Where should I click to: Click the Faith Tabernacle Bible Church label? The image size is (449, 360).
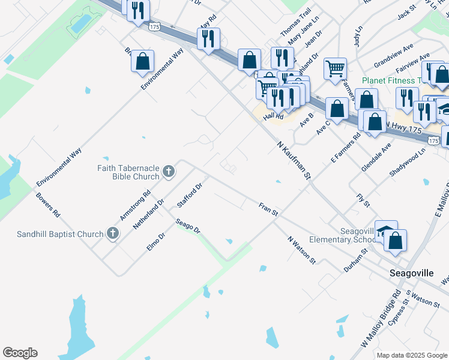(x=128, y=172)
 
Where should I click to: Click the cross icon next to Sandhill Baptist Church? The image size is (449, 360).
(x=112, y=233)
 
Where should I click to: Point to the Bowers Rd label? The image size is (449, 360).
(x=48, y=205)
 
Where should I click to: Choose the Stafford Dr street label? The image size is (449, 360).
(x=190, y=196)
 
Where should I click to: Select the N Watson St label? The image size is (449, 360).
(x=301, y=249)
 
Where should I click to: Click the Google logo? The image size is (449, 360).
(x=20, y=353)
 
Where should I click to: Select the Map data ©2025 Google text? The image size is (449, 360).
(x=412, y=355)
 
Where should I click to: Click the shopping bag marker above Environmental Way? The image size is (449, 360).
(x=142, y=61)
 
